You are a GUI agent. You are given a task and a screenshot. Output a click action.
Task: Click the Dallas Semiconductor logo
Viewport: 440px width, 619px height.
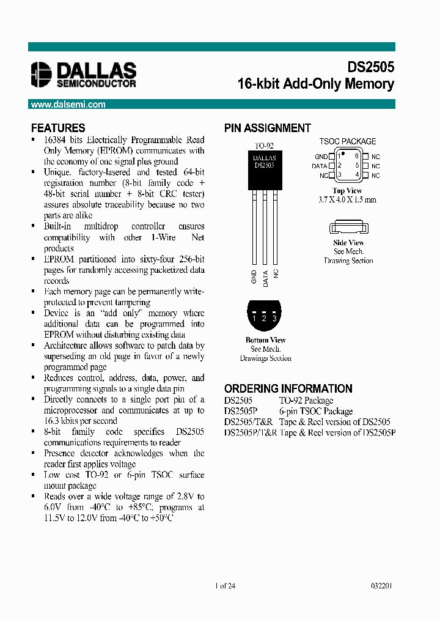(84, 74)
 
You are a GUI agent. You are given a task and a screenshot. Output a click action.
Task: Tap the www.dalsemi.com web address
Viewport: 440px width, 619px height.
(68, 105)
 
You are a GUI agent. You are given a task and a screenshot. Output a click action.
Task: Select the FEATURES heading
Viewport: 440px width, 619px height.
(58, 128)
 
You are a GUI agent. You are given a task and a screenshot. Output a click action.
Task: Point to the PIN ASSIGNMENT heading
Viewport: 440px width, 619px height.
(268, 128)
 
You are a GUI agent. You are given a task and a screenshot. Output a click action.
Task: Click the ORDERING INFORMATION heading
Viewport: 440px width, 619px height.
(288, 389)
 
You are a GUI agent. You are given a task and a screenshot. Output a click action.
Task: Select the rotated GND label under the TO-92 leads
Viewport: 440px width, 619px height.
(254, 278)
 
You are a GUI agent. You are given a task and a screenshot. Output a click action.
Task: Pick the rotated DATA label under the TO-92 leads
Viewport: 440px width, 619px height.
(265, 278)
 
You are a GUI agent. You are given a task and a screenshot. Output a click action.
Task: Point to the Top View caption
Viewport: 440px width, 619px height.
(347, 191)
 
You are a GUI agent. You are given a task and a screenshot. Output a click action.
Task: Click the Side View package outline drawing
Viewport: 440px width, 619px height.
(347, 229)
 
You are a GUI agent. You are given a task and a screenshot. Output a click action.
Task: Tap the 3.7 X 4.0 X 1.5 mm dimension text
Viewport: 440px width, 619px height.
(347, 200)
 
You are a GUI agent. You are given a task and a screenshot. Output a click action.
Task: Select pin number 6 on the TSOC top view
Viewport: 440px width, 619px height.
(356, 156)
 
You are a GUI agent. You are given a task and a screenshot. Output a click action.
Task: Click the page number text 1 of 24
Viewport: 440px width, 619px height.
(226, 585)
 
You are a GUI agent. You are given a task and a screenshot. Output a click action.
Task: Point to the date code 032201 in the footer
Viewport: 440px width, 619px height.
(381, 585)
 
